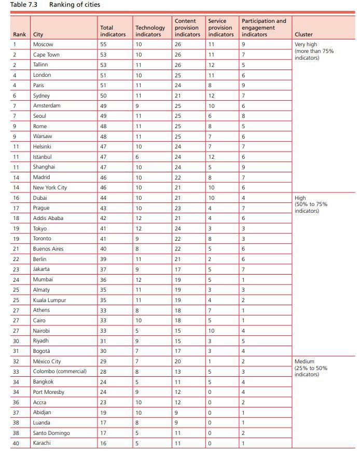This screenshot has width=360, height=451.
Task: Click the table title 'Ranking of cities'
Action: point(75,5)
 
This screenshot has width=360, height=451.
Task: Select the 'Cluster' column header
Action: point(303,35)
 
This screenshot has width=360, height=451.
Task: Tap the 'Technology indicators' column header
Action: point(149,31)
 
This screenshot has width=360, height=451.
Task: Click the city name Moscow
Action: point(43,45)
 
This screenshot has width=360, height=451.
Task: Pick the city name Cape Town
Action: point(47,54)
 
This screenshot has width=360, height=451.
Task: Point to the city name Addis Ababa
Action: point(48,218)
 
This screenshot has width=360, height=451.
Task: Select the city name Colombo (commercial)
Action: point(60,372)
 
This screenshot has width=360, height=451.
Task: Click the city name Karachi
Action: point(43,443)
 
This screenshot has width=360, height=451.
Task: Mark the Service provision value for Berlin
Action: point(210,259)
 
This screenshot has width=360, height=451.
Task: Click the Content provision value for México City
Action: point(177,361)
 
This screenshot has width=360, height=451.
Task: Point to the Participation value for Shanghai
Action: point(244,167)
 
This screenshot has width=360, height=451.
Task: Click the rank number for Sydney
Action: point(15,95)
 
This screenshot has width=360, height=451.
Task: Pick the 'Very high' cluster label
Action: point(306,45)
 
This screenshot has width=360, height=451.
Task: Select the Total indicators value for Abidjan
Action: point(103,412)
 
